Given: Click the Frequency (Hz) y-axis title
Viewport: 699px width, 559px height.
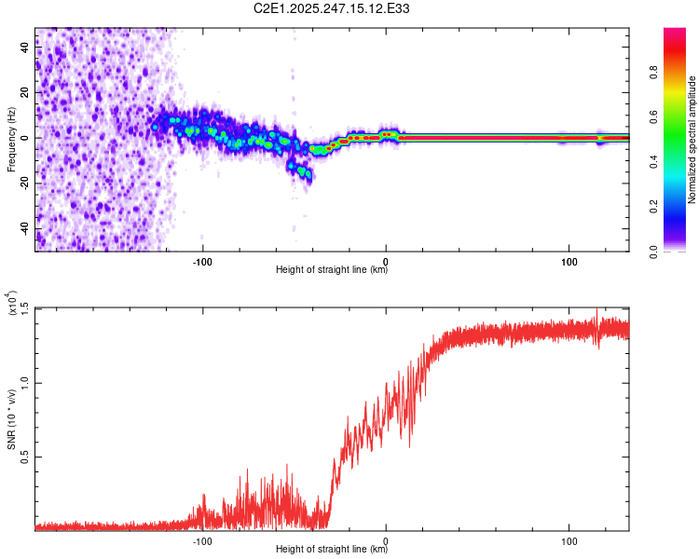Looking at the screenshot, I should pyautogui.click(x=11, y=140).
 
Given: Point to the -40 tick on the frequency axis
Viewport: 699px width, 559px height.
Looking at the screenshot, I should pyautogui.click(x=25, y=229).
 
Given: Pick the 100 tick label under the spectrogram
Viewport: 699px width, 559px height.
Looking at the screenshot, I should pyautogui.click(x=569, y=260).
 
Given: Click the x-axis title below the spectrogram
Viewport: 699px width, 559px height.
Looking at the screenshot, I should pyautogui.click(x=332, y=271).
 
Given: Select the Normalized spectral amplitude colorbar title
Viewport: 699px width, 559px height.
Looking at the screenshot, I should pyautogui.click(x=692, y=140).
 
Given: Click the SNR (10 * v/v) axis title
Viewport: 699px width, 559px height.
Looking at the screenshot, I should pyautogui.click(x=11, y=419).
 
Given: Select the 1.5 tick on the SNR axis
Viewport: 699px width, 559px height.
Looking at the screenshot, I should pyautogui.click(x=25, y=307).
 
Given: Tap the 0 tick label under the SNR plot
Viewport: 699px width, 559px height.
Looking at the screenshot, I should pyautogui.click(x=386, y=539).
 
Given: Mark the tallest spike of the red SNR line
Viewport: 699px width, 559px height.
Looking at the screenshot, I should pyautogui.click(x=596, y=310).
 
